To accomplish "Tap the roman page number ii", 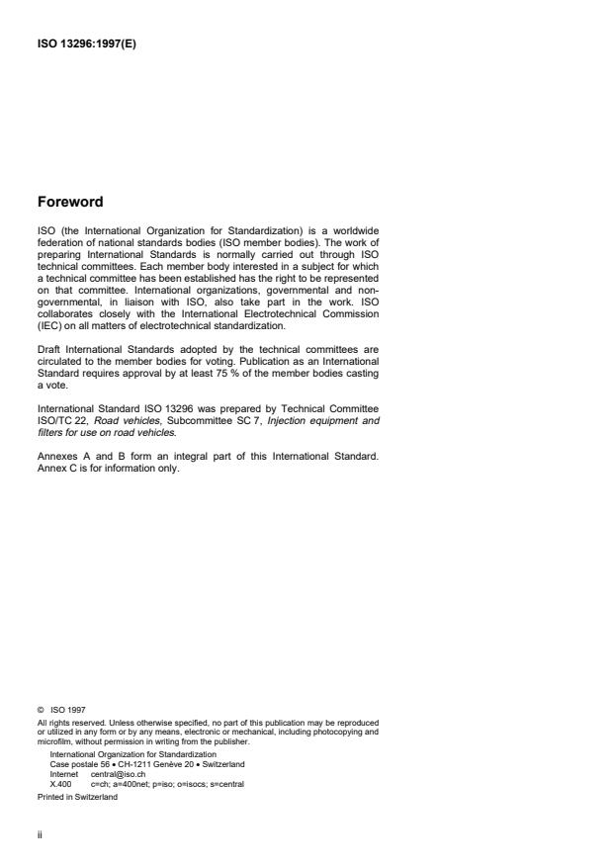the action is click(x=39, y=834).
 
